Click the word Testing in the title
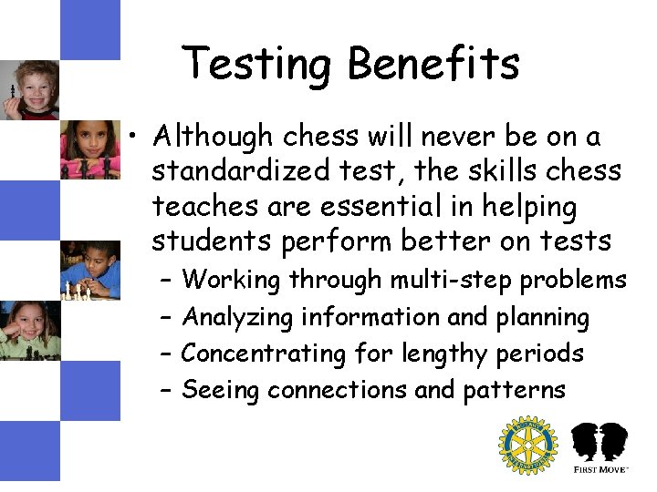[258, 65]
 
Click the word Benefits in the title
[433, 65]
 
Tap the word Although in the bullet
[214, 137]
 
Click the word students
[207, 241]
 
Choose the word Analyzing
[238, 318]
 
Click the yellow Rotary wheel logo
[527, 446]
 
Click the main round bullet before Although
[134, 138]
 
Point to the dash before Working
[165, 281]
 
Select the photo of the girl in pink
[89, 149]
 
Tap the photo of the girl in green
[29, 330]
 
